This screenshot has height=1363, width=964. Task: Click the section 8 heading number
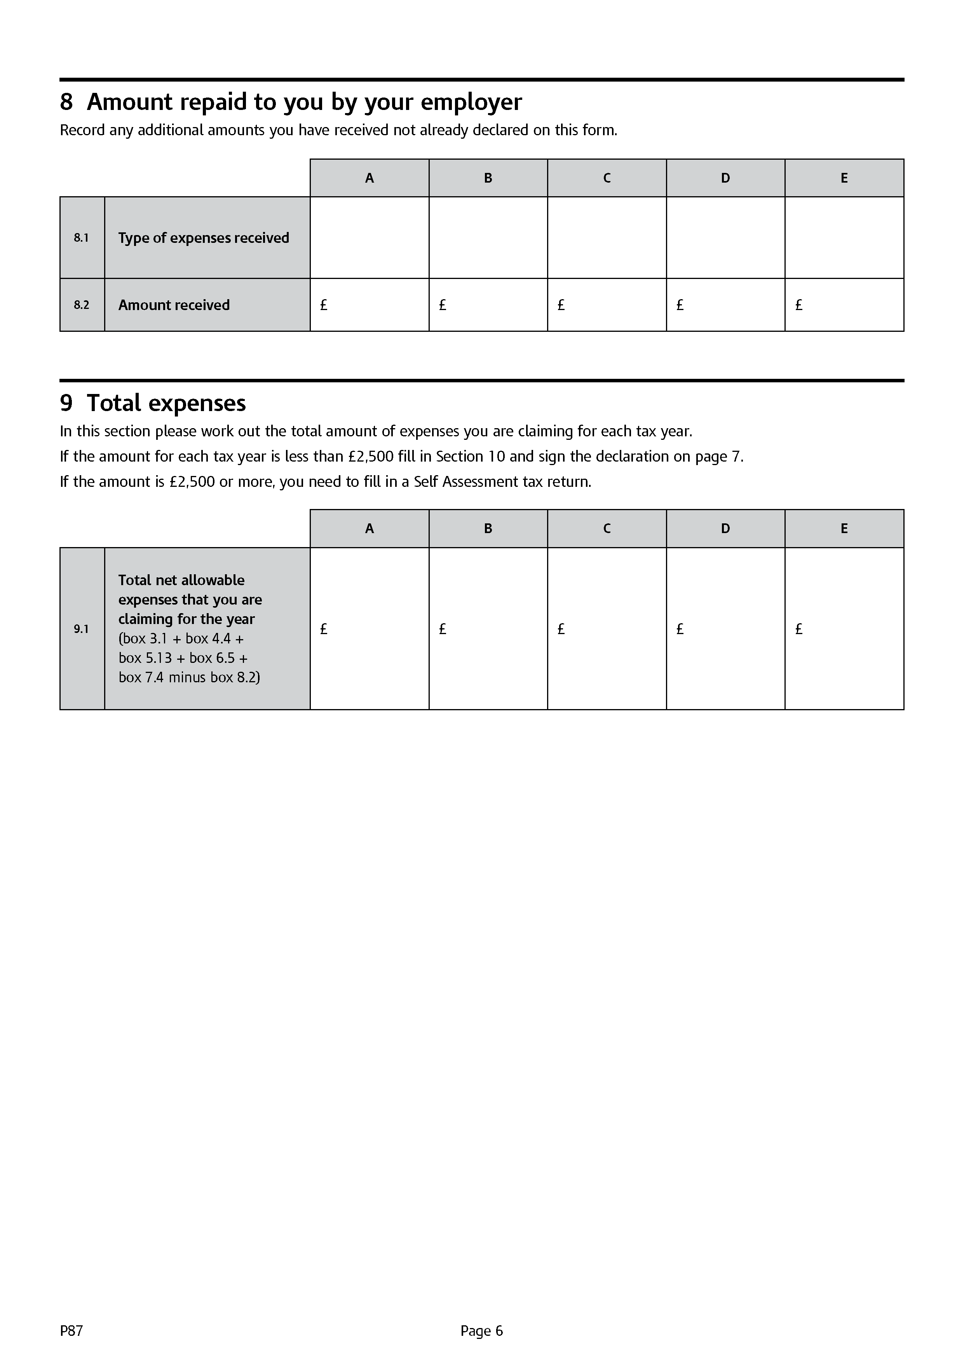click(66, 102)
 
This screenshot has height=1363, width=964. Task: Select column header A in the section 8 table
click(369, 178)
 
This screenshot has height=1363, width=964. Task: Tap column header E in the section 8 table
click(844, 178)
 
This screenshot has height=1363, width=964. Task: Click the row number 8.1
click(81, 238)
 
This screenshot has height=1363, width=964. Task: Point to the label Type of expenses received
click(204, 238)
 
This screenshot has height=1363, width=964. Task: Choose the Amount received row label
click(174, 305)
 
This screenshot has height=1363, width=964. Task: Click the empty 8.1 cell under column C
click(607, 237)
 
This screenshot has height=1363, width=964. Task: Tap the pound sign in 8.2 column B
click(442, 305)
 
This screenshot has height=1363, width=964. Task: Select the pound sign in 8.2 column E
click(798, 305)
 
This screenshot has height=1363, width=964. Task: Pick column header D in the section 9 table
click(725, 528)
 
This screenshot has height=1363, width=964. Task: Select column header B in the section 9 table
click(488, 528)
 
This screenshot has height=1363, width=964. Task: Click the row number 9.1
click(81, 629)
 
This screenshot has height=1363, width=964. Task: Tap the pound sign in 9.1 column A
click(324, 629)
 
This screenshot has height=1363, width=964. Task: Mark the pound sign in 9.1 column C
click(561, 629)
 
